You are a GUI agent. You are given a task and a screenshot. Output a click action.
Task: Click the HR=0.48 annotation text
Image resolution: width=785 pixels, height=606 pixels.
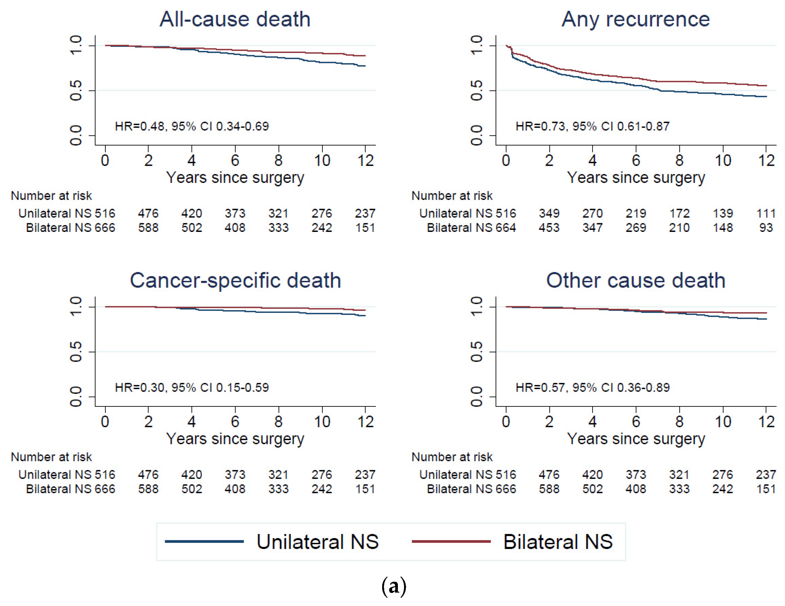[192, 126]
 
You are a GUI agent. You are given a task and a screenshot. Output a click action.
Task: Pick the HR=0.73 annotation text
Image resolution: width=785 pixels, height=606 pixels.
[592, 126]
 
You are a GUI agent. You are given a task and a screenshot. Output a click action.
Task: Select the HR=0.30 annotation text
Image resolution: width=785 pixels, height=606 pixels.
[192, 387]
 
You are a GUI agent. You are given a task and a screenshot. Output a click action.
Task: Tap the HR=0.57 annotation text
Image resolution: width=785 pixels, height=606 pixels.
[592, 387]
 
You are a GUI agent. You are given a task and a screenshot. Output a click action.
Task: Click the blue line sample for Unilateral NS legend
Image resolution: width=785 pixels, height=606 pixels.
[204, 541]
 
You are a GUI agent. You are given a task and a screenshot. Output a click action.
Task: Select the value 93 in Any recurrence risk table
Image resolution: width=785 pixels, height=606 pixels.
[766, 228]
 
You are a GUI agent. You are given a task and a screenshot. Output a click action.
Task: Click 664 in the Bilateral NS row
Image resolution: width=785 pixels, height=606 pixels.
[506, 228]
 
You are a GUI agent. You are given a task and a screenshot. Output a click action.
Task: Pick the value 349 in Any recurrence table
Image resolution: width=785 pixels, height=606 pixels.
[549, 213]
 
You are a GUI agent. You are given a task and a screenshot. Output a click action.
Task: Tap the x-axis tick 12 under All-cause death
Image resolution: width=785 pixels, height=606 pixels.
[366, 160]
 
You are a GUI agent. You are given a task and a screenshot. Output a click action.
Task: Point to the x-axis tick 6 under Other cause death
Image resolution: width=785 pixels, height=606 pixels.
[636, 422]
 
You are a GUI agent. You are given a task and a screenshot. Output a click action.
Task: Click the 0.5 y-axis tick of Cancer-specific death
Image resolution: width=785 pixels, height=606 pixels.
[76, 352]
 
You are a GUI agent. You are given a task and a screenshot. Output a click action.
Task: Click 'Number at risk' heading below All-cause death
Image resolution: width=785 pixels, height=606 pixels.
[51, 195]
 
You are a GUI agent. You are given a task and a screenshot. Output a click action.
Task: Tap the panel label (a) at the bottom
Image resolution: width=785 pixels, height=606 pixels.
[394, 586]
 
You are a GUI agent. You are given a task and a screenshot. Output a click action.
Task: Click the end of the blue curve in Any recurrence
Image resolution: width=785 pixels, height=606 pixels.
[766, 96]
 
